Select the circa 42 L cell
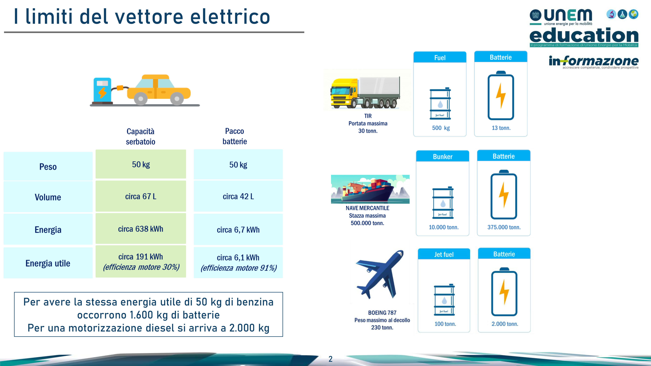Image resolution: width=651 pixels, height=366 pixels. [238, 196]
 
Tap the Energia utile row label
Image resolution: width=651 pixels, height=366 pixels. [48, 263]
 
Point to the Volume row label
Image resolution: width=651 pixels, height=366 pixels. [48, 197]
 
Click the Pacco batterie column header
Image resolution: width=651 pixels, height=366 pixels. [235, 136]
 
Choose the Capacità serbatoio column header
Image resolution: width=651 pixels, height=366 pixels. [140, 136]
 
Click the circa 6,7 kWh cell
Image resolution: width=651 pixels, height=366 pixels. [238, 229]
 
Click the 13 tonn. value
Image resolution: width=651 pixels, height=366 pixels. [501, 128]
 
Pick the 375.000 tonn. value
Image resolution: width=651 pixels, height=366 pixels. [504, 227]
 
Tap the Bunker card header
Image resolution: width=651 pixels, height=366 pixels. [443, 156]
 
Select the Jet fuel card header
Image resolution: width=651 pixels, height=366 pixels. [444, 254]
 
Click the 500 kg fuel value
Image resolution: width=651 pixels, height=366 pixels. [441, 128]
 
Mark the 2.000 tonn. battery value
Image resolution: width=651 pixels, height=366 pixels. [505, 324]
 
